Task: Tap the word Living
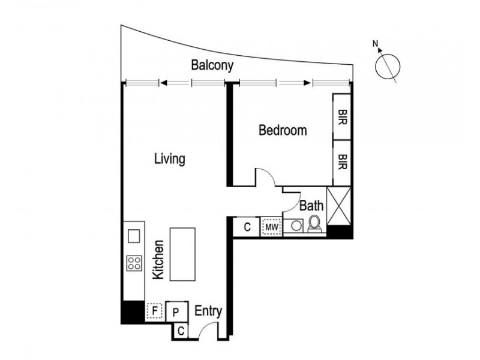(x=169, y=160)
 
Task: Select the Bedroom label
(x=283, y=130)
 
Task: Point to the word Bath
(x=312, y=206)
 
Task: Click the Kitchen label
(x=158, y=259)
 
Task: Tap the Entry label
(x=209, y=311)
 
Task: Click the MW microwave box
(x=271, y=227)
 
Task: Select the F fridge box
(x=155, y=311)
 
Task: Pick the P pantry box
(x=176, y=311)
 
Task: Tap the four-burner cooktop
(x=134, y=262)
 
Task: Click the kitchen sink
(x=134, y=235)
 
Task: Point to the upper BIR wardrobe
(x=342, y=116)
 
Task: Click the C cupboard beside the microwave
(x=247, y=227)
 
